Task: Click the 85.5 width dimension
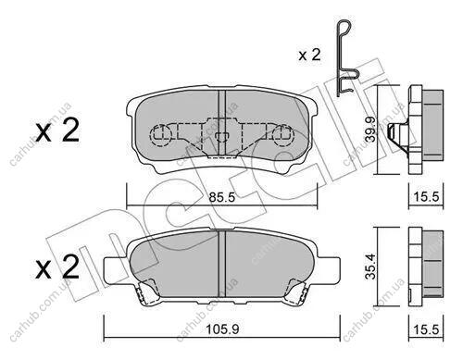[x=221, y=197]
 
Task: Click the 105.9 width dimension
[x=222, y=329]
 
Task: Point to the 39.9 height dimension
[x=370, y=129]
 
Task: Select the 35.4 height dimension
[x=370, y=267]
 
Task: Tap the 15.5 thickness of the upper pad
[x=426, y=196]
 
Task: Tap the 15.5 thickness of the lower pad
[x=426, y=329]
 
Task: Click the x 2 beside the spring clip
[x=309, y=56]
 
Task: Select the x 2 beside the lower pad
[x=57, y=267]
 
